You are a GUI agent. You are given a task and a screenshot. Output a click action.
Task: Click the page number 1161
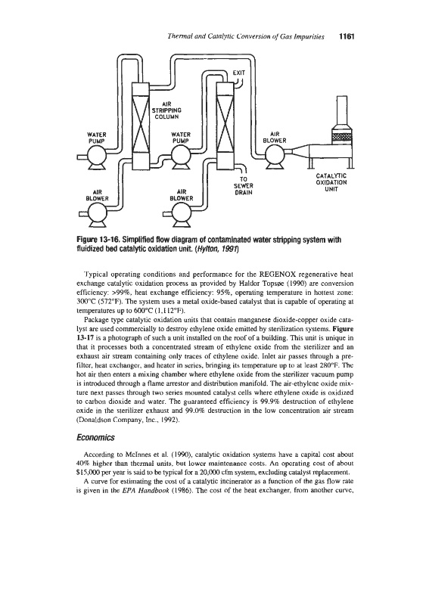(x=347, y=36)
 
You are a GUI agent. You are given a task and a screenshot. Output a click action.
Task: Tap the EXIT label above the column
(x=238, y=72)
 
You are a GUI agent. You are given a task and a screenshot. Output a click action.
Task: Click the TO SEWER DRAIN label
(x=244, y=185)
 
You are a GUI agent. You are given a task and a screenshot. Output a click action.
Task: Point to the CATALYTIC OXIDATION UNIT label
(x=331, y=182)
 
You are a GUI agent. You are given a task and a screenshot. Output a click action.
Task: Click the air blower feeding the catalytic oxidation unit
(x=275, y=156)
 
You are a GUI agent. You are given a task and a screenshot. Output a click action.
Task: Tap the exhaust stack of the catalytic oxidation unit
(x=343, y=111)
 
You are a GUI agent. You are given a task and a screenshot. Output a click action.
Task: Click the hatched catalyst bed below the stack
(x=342, y=137)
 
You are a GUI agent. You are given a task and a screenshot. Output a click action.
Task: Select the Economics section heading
(x=96, y=438)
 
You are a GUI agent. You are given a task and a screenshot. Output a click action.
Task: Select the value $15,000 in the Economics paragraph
(x=87, y=472)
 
